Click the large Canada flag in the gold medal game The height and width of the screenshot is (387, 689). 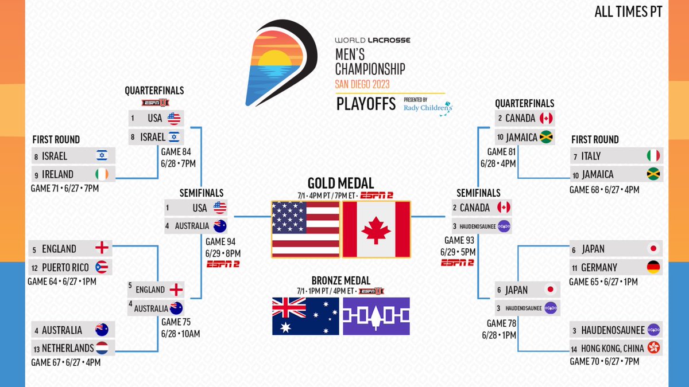click(x=376, y=229)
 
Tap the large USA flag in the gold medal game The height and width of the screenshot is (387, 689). click(x=306, y=229)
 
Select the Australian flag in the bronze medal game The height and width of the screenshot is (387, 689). click(x=306, y=316)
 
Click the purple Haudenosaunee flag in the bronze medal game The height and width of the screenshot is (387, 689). click(x=376, y=316)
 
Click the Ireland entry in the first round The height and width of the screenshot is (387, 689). click(x=74, y=174)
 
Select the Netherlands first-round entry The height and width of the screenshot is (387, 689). click(x=74, y=348)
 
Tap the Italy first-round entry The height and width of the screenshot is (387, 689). click(x=616, y=156)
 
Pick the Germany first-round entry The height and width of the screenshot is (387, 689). click(x=616, y=267)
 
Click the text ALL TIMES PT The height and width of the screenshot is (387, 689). click(x=628, y=12)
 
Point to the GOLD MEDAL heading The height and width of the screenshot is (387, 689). click(x=340, y=183)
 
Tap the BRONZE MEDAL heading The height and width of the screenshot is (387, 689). click(x=340, y=281)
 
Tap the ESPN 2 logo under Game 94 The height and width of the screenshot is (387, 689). click(x=224, y=264)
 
